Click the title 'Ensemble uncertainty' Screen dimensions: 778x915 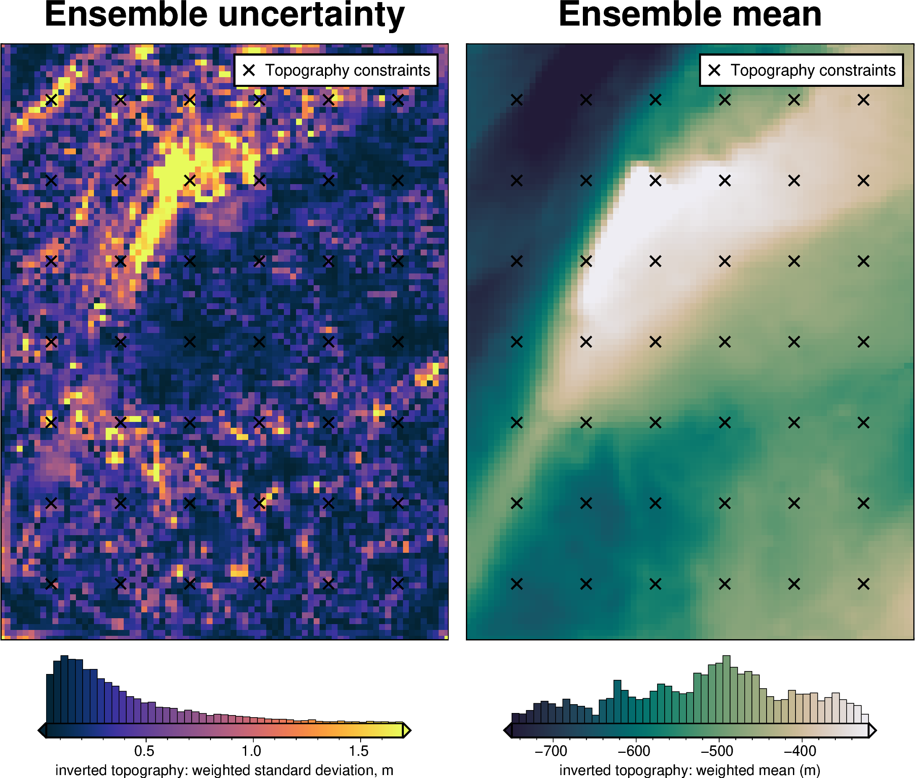(224, 16)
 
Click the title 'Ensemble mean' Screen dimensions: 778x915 (690, 16)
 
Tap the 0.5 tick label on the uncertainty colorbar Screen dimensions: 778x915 (144, 751)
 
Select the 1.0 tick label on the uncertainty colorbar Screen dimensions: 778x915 (251, 751)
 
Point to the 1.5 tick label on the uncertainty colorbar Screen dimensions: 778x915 (359, 751)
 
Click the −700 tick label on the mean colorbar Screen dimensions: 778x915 (551, 751)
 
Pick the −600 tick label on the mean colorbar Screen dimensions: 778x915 (634, 751)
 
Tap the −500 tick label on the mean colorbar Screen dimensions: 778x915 (717, 751)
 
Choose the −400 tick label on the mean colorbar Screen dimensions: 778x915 (800, 751)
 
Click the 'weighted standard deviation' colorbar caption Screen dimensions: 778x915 (224, 770)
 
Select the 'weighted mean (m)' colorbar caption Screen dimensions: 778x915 (690, 770)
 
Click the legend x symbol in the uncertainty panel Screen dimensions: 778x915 (249, 70)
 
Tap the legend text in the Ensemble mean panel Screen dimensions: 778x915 (813, 70)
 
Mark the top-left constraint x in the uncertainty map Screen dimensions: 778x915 (51, 100)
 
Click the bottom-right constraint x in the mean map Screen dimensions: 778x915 (863, 584)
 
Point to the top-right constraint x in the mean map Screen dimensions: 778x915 (863, 100)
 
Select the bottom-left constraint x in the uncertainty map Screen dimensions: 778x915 (51, 584)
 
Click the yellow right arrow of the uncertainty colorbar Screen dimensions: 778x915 (407, 731)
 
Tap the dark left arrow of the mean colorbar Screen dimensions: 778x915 (507, 731)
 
